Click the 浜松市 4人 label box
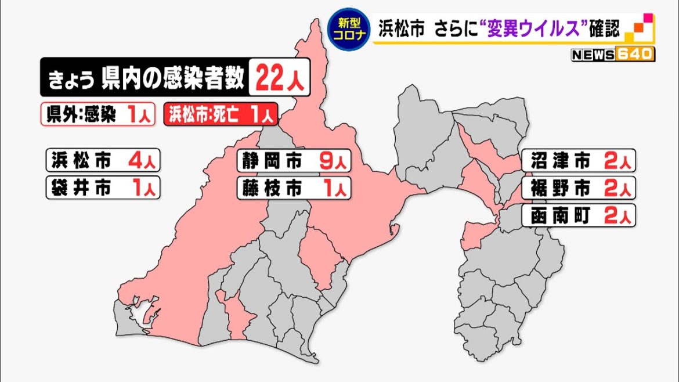tap(102, 160)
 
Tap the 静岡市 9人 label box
tap(294, 161)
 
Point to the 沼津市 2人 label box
tap(579, 161)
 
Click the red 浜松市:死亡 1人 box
tap(221, 114)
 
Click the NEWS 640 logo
tap(613, 55)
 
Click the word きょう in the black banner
tap(68, 78)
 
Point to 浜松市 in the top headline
tap(402, 28)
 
